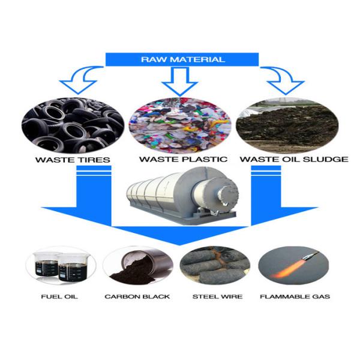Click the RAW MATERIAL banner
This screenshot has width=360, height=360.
click(182, 59)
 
